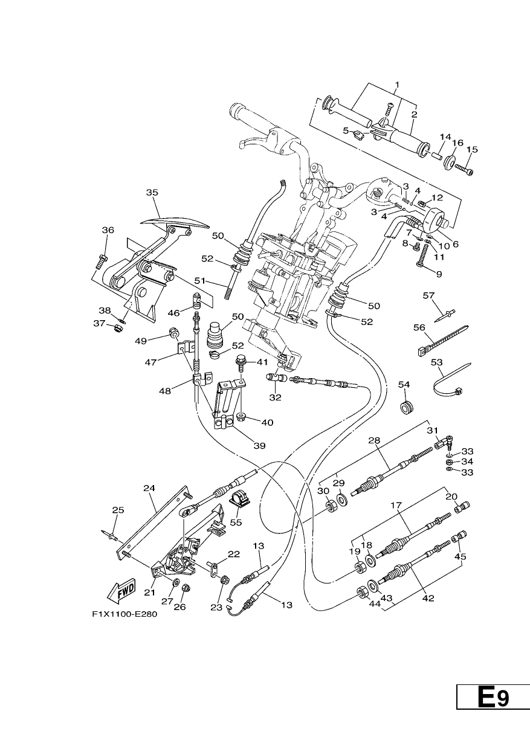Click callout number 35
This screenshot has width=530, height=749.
[x=152, y=193]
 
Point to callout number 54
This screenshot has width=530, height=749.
[x=404, y=385]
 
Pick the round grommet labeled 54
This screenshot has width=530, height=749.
[x=407, y=408]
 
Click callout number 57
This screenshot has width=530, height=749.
[x=428, y=295]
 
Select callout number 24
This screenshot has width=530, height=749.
[x=149, y=488]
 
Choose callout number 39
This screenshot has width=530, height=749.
[x=260, y=445]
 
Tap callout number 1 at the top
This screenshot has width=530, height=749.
[x=397, y=85]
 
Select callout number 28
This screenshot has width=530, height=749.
[x=375, y=440]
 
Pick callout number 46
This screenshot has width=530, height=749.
[x=173, y=313]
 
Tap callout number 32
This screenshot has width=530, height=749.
[x=276, y=397]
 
